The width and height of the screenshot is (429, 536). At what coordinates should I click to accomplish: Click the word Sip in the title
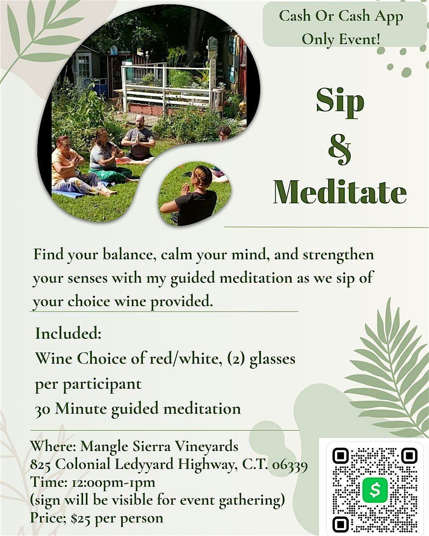click(x=340, y=101)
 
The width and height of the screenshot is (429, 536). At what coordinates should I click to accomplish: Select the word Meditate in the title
click(x=340, y=192)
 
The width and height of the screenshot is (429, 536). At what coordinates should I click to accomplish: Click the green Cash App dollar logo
click(x=375, y=490)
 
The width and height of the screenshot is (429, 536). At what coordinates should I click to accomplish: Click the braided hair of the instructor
click(x=203, y=176)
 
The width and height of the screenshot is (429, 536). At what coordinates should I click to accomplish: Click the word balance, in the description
click(x=129, y=255)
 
